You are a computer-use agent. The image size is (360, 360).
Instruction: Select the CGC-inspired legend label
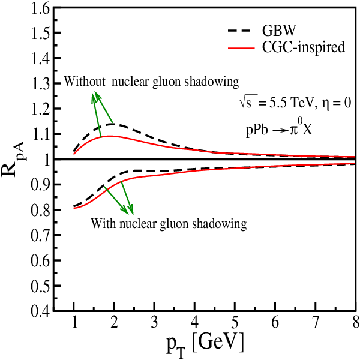pos(304,47)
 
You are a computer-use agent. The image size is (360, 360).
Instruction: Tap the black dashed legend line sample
pos(241,31)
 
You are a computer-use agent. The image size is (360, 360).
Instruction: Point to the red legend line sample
pos(241,48)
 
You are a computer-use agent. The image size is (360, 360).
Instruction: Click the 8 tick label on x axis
pos(356,322)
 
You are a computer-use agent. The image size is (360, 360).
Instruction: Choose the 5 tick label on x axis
pos(235,322)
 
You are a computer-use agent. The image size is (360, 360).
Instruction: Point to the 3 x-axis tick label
pos(154,322)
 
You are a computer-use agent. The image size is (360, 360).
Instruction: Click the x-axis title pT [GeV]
pos(205,344)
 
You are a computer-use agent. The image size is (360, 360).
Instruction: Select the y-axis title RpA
pos(14,160)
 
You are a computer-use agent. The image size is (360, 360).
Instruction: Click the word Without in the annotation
pos(85,81)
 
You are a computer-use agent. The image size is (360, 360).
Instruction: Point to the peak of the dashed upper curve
pos(113,124)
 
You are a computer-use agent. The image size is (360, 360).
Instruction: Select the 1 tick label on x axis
pos(74,322)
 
